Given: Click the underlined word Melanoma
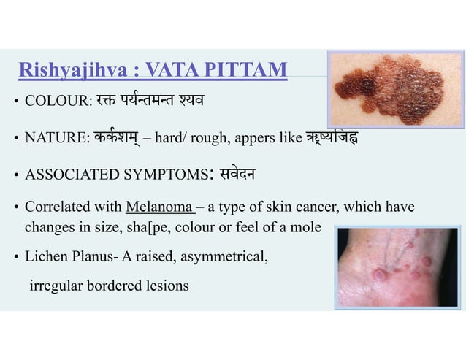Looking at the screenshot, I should coord(158,207).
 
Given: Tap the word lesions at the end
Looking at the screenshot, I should coord(167,285).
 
